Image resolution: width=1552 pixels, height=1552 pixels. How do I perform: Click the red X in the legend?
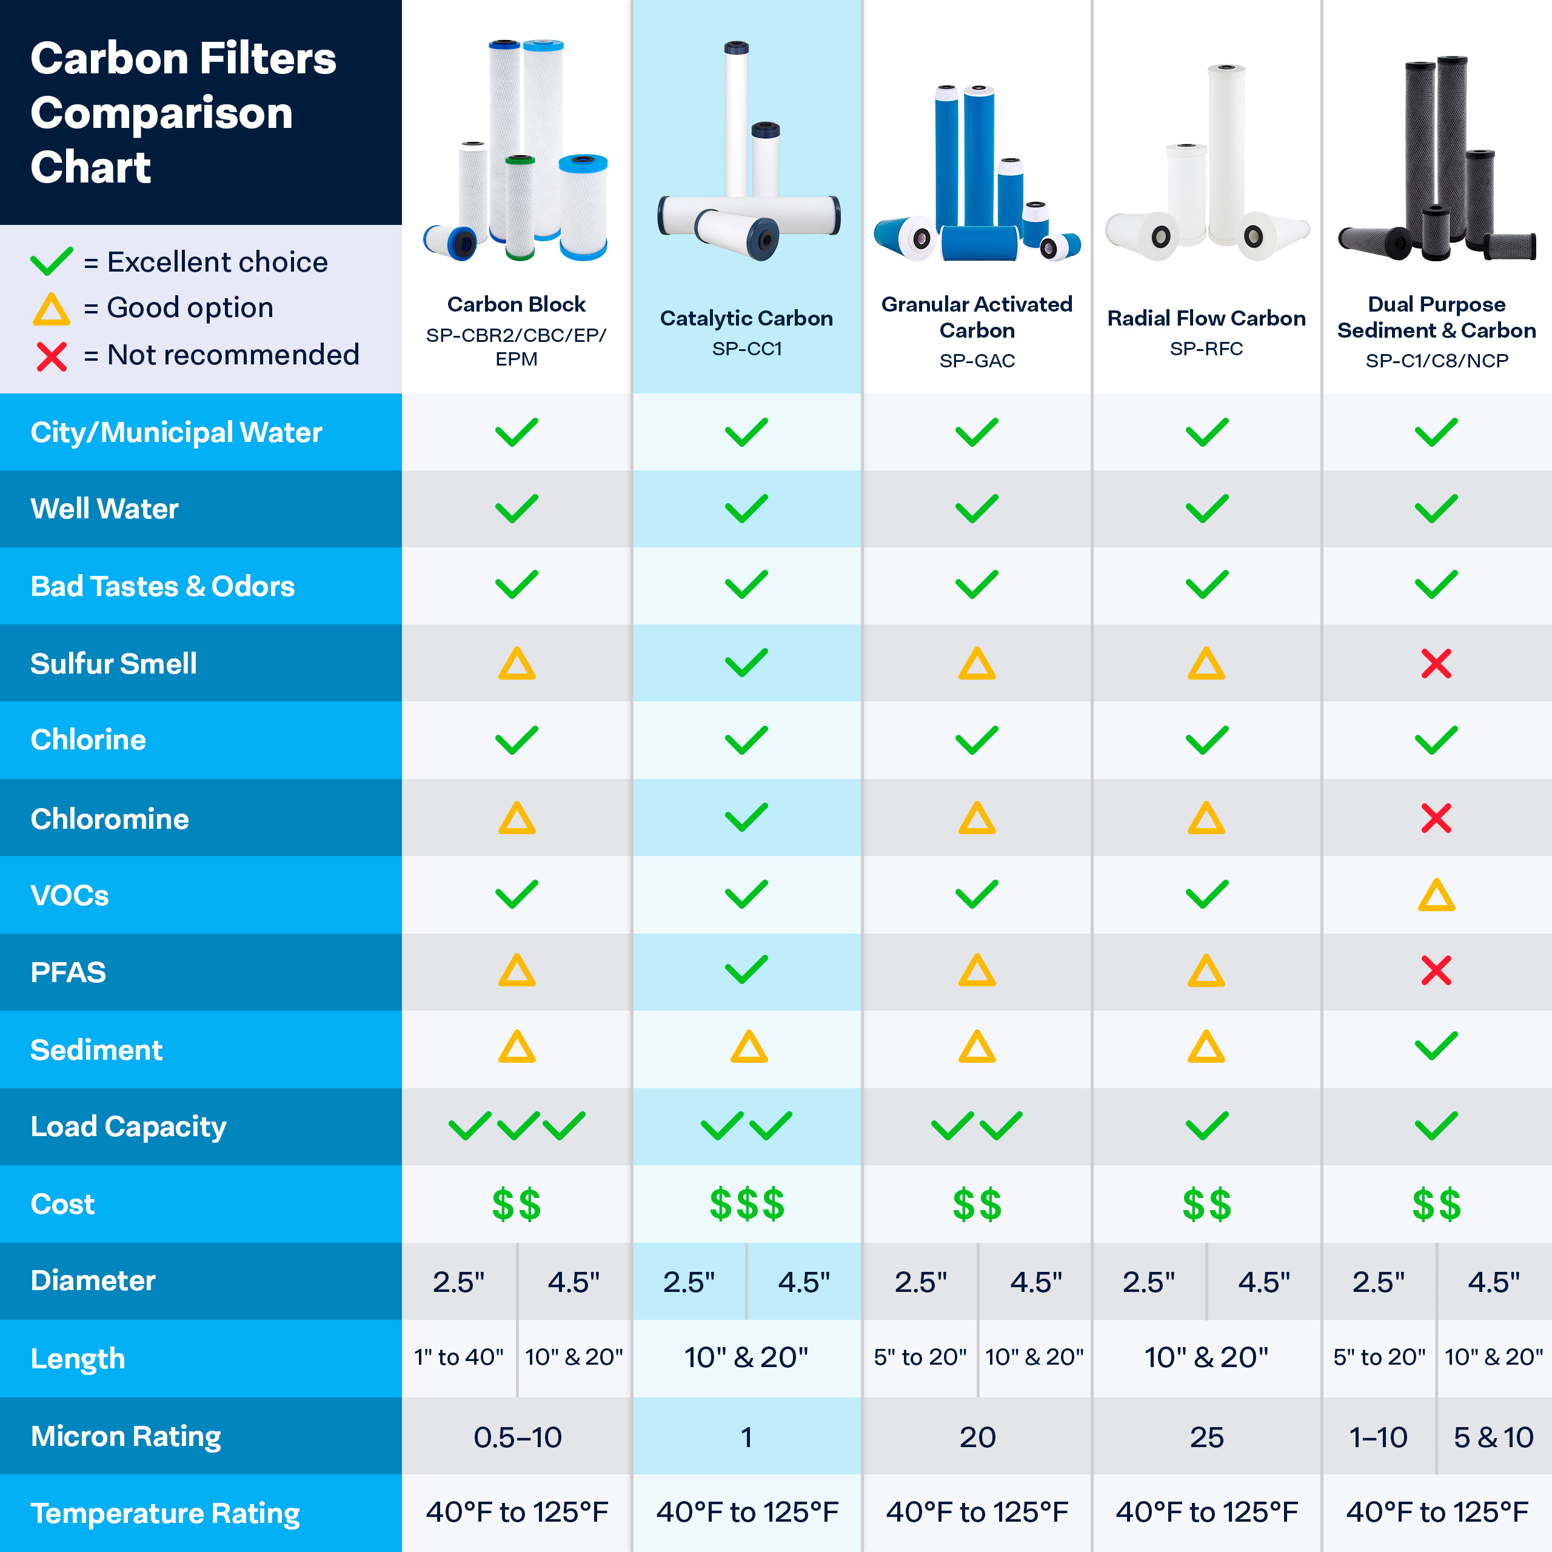(x=52, y=356)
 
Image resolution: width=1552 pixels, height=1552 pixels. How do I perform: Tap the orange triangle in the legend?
(x=52, y=309)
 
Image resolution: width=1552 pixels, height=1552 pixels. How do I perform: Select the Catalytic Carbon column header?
(x=746, y=318)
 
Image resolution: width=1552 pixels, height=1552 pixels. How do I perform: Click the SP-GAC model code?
(x=977, y=361)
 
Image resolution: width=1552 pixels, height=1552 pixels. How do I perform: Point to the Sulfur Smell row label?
(x=113, y=663)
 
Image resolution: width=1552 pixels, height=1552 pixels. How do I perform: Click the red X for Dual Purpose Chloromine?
(x=1436, y=818)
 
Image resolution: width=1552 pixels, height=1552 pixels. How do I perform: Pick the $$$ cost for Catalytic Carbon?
(x=746, y=1204)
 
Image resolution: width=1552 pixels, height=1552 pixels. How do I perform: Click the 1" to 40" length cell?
(x=459, y=1357)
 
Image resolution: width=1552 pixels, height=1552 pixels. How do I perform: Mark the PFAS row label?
(x=69, y=972)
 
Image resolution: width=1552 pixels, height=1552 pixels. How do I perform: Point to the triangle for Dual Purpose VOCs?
(x=1436, y=895)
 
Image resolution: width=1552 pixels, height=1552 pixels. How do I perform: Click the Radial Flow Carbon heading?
(x=1206, y=318)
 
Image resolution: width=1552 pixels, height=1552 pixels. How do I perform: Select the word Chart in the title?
(x=91, y=167)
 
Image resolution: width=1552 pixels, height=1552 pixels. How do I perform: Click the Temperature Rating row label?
(x=165, y=1513)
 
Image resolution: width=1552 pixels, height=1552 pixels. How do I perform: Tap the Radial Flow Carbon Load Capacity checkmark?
(x=1206, y=1125)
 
